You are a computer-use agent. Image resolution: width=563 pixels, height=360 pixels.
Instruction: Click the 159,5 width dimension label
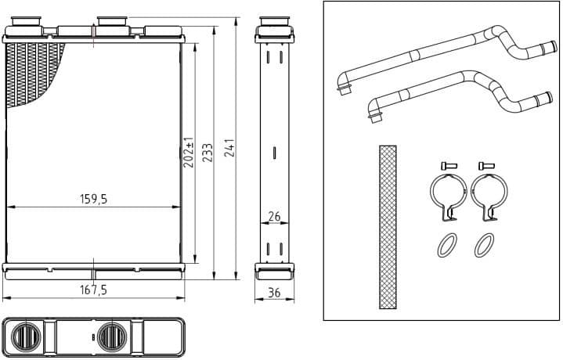pos(93,200)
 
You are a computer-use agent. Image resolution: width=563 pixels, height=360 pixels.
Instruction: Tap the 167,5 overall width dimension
pos(93,290)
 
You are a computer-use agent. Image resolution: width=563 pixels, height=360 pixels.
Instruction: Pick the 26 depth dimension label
pos(274,215)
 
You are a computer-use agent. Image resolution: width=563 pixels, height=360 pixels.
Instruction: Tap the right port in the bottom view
pos(109,337)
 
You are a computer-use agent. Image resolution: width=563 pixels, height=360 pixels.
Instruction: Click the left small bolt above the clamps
pos(447,165)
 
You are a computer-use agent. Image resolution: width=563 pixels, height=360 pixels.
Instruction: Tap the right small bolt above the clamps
pos(485,165)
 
